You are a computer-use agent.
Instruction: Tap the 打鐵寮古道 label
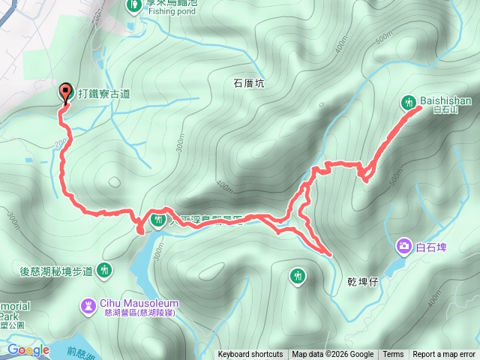pyautogui.click(x=103, y=94)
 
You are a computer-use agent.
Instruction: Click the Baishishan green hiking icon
pyautogui.click(x=409, y=101)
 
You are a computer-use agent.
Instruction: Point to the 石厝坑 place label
pyautogui.click(x=250, y=84)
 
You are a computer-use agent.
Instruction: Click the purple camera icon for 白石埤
pyautogui.click(x=404, y=246)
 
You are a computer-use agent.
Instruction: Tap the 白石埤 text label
pyautogui.click(x=430, y=247)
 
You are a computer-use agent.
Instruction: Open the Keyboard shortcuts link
pyautogui.click(x=250, y=355)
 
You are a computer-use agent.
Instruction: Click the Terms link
pyautogui.click(x=393, y=355)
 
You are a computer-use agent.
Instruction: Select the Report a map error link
pyautogui.click(x=445, y=355)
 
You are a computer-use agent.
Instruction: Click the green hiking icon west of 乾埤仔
pyautogui.click(x=298, y=276)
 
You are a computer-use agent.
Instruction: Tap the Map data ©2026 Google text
pyautogui.click(x=333, y=355)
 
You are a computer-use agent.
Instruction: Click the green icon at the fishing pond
pyautogui.click(x=133, y=5)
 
